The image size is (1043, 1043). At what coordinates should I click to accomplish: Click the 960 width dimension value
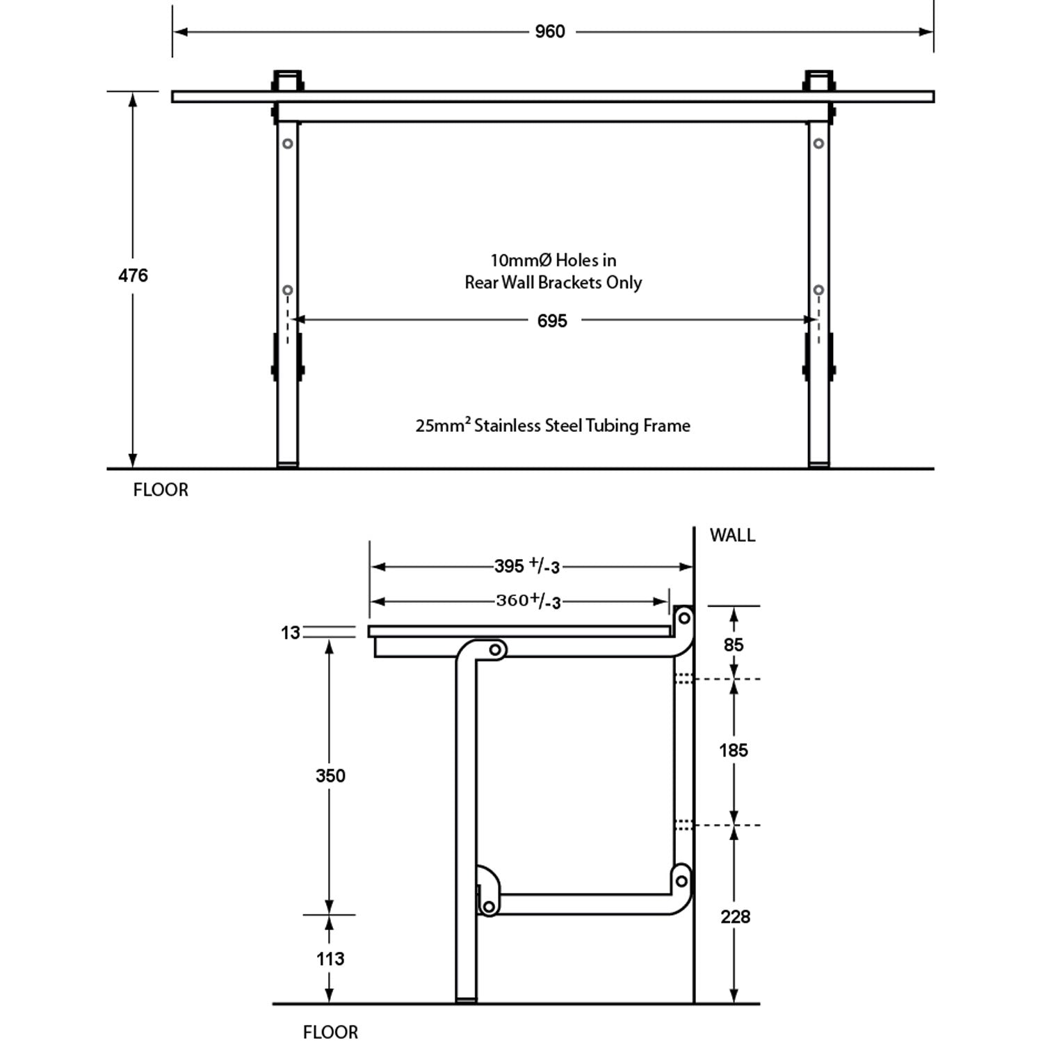click(x=549, y=32)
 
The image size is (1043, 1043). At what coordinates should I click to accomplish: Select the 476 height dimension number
click(x=133, y=276)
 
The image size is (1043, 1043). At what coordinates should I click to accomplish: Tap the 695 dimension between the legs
click(x=552, y=321)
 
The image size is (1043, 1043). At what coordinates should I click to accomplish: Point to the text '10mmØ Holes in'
click(x=553, y=261)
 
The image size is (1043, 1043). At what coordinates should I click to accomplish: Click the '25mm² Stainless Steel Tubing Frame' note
click(x=553, y=426)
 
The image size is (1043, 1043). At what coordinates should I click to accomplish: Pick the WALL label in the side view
click(x=732, y=535)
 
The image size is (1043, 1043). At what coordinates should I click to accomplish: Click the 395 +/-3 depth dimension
click(x=527, y=567)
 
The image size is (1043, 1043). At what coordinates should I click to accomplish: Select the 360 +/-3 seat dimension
click(x=528, y=601)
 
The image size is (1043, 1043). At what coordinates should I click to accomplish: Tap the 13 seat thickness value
click(x=290, y=633)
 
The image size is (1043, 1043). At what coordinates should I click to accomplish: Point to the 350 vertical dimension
click(x=330, y=776)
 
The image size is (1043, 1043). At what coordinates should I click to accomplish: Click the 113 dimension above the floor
click(x=330, y=960)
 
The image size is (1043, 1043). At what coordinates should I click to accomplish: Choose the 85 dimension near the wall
click(x=734, y=645)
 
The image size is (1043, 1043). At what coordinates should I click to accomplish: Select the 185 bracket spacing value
click(x=734, y=751)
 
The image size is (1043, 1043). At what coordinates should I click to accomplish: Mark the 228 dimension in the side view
click(x=735, y=917)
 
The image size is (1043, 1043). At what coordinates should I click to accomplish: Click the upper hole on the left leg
click(x=287, y=144)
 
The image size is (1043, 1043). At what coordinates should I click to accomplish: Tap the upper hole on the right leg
click(x=819, y=144)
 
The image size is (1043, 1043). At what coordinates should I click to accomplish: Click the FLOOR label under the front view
click(x=161, y=490)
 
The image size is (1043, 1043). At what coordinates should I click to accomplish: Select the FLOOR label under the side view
click(x=330, y=1033)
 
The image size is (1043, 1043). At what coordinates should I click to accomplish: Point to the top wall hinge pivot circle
click(x=684, y=617)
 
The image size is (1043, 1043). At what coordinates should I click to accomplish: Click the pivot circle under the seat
click(x=495, y=650)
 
